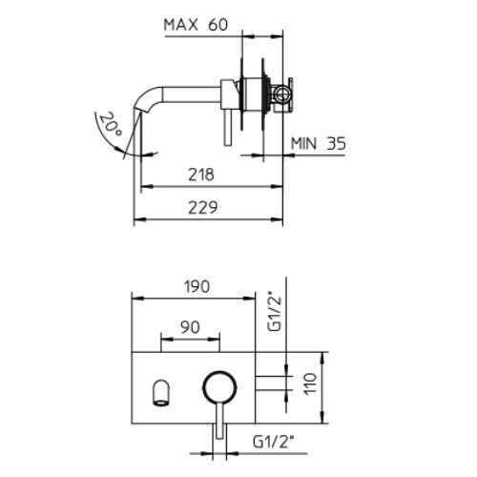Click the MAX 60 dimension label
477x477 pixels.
point(196,25)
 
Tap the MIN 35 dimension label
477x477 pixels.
point(319,144)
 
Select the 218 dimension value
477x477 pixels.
point(201,175)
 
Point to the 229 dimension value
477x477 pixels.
point(203,207)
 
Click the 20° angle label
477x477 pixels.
point(111,125)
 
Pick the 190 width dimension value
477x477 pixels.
point(197,286)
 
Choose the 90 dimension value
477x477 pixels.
point(190,327)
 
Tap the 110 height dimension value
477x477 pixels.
point(311,384)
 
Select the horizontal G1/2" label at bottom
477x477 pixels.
point(273,442)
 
